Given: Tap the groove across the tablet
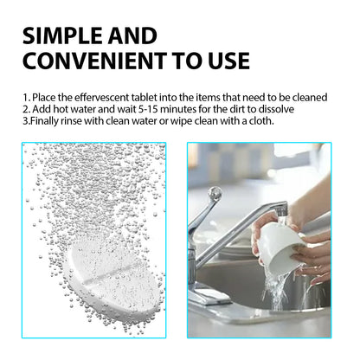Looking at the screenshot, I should (x=100, y=263).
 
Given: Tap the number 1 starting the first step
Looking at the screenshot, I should (x=25, y=98).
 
